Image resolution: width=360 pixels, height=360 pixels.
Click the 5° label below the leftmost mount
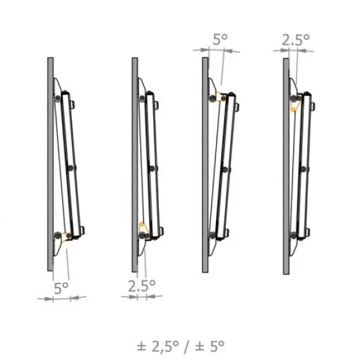(61, 288)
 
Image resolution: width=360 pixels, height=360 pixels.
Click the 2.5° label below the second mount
(141, 286)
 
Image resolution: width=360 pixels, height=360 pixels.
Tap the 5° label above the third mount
(220, 39)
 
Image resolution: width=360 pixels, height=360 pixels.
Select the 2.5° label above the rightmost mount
(296, 40)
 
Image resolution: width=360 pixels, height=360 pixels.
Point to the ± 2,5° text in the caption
(157, 346)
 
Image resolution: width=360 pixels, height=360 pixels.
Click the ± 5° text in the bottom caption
(210, 346)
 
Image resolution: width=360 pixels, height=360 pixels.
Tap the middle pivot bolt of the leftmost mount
(71, 168)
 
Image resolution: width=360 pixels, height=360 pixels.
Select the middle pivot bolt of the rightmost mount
(303, 169)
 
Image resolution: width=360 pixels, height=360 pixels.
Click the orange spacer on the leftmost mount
(68, 237)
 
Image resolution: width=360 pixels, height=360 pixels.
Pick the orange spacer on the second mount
(144, 230)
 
